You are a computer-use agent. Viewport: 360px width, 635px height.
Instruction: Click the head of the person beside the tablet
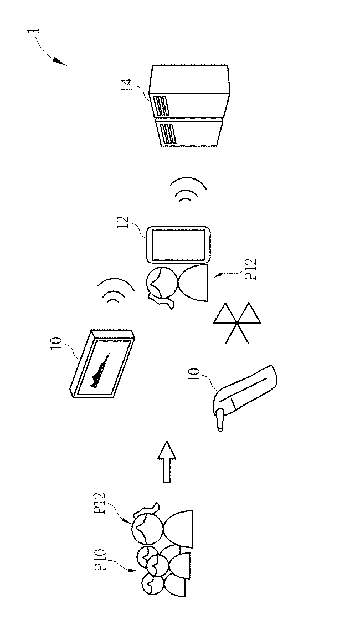click(x=162, y=282)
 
